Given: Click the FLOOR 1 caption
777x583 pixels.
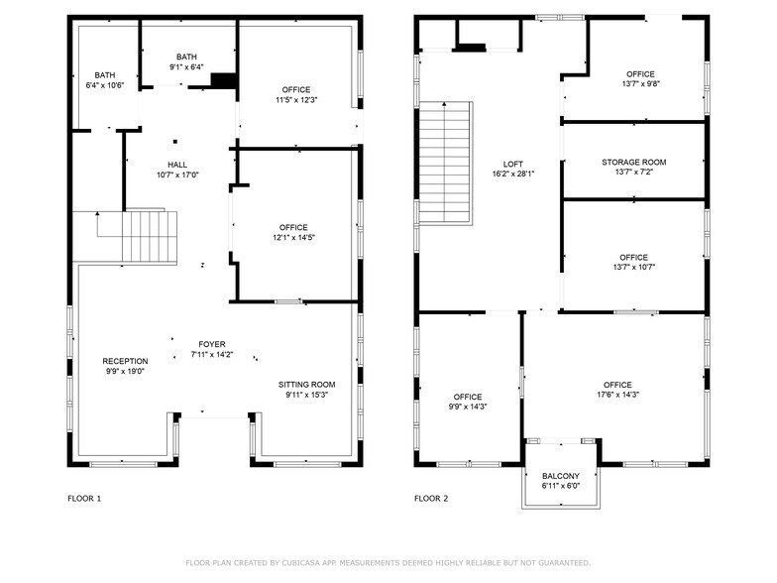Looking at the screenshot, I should (84, 499).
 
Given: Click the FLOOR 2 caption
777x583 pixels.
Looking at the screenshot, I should (431, 499).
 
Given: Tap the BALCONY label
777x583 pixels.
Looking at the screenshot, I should (560, 476).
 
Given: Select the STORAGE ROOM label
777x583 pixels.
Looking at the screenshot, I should (633, 162).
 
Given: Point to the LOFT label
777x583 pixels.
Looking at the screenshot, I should (512, 164).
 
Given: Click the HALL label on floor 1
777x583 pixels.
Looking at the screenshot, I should (177, 165).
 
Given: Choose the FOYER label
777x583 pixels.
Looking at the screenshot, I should (211, 343).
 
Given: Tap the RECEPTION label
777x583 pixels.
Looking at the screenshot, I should (125, 361).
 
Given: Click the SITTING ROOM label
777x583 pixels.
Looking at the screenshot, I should (306, 385).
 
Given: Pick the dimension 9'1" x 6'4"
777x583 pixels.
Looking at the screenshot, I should (186, 67).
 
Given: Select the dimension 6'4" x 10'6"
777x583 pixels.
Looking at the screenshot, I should (105, 85).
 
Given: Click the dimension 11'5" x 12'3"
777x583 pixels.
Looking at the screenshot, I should (295, 100).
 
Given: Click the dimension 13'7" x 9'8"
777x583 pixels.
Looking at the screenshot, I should (640, 84).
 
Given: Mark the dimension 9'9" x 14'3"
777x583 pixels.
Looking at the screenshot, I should (468, 407).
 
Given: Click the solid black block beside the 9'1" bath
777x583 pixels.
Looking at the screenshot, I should (224, 81).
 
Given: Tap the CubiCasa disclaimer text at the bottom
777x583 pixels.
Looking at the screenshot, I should (388, 563).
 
